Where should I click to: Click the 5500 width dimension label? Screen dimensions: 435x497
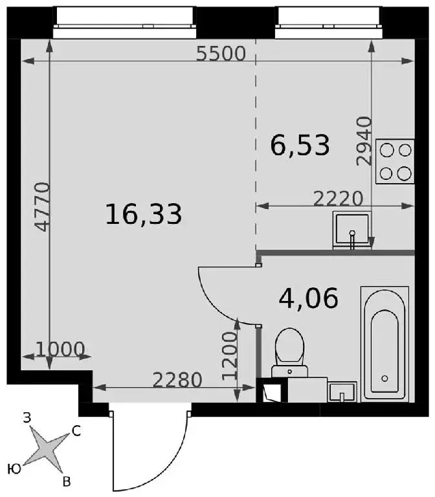[221, 54]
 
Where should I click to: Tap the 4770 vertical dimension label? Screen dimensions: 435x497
[43, 207]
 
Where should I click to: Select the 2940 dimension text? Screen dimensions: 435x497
[364, 141]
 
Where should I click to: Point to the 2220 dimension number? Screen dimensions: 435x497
[338, 199]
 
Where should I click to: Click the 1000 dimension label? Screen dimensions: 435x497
[60, 349]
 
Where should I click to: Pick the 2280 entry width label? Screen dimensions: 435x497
[177, 380]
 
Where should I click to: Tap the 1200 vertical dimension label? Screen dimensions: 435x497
[230, 356]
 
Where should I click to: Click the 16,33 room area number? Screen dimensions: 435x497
[144, 215]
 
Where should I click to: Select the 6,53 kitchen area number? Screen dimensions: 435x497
[300, 146]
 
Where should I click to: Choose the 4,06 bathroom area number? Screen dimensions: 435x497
[309, 298]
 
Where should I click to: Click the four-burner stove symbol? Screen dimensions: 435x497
[395, 161]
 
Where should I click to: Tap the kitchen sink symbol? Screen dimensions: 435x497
[352, 230]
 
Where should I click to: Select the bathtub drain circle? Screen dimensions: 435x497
[385, 378]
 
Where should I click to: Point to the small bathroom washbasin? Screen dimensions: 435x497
[342, 392]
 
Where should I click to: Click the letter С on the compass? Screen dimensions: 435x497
[76, 431]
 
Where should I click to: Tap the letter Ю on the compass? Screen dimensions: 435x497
[14, 469]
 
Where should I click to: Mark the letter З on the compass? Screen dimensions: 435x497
[27, 418]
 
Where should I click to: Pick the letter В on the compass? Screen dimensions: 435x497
[66, 481]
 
